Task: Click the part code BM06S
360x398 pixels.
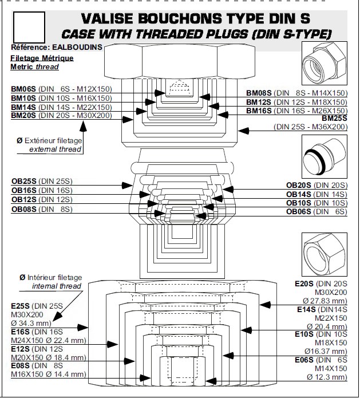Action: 23,89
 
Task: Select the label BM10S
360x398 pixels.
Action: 23,98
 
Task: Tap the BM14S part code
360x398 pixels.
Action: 23,107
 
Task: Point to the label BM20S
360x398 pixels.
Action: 23,115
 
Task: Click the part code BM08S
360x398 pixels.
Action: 259,93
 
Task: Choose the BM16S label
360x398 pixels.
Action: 259,111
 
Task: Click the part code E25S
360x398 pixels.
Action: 22,305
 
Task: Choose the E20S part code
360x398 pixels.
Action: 304,283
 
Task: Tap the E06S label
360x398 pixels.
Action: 304,360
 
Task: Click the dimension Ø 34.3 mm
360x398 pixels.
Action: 33,322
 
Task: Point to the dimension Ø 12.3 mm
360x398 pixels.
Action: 327,377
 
